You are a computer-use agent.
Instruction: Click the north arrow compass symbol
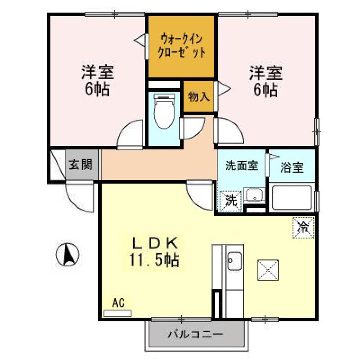pos(67,255)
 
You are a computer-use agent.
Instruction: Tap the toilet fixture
pos(164,111)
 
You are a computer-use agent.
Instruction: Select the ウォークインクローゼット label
pos(182,46)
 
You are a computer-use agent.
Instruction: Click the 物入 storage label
pos(199,97)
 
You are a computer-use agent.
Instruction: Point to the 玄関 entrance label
pos(81,165)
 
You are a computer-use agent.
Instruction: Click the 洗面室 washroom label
pos(242,166)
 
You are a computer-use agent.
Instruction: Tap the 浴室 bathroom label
pos(292,167)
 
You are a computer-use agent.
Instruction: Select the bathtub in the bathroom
pos(292,197)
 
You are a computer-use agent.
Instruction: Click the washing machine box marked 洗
pos(230,201)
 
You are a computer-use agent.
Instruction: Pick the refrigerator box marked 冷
pos(303,228)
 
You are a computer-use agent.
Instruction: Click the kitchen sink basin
pos(234,261)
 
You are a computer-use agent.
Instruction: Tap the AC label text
pos(118,302)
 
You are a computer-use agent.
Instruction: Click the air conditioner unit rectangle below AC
pos(118,313)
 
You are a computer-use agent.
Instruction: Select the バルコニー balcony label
pos(196,334)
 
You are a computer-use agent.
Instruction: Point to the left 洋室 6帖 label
pos(98,81)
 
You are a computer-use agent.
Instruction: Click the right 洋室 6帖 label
pos(266,81)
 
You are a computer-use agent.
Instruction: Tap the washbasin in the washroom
pos(254,195)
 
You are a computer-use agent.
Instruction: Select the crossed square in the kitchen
pos(268,270)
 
